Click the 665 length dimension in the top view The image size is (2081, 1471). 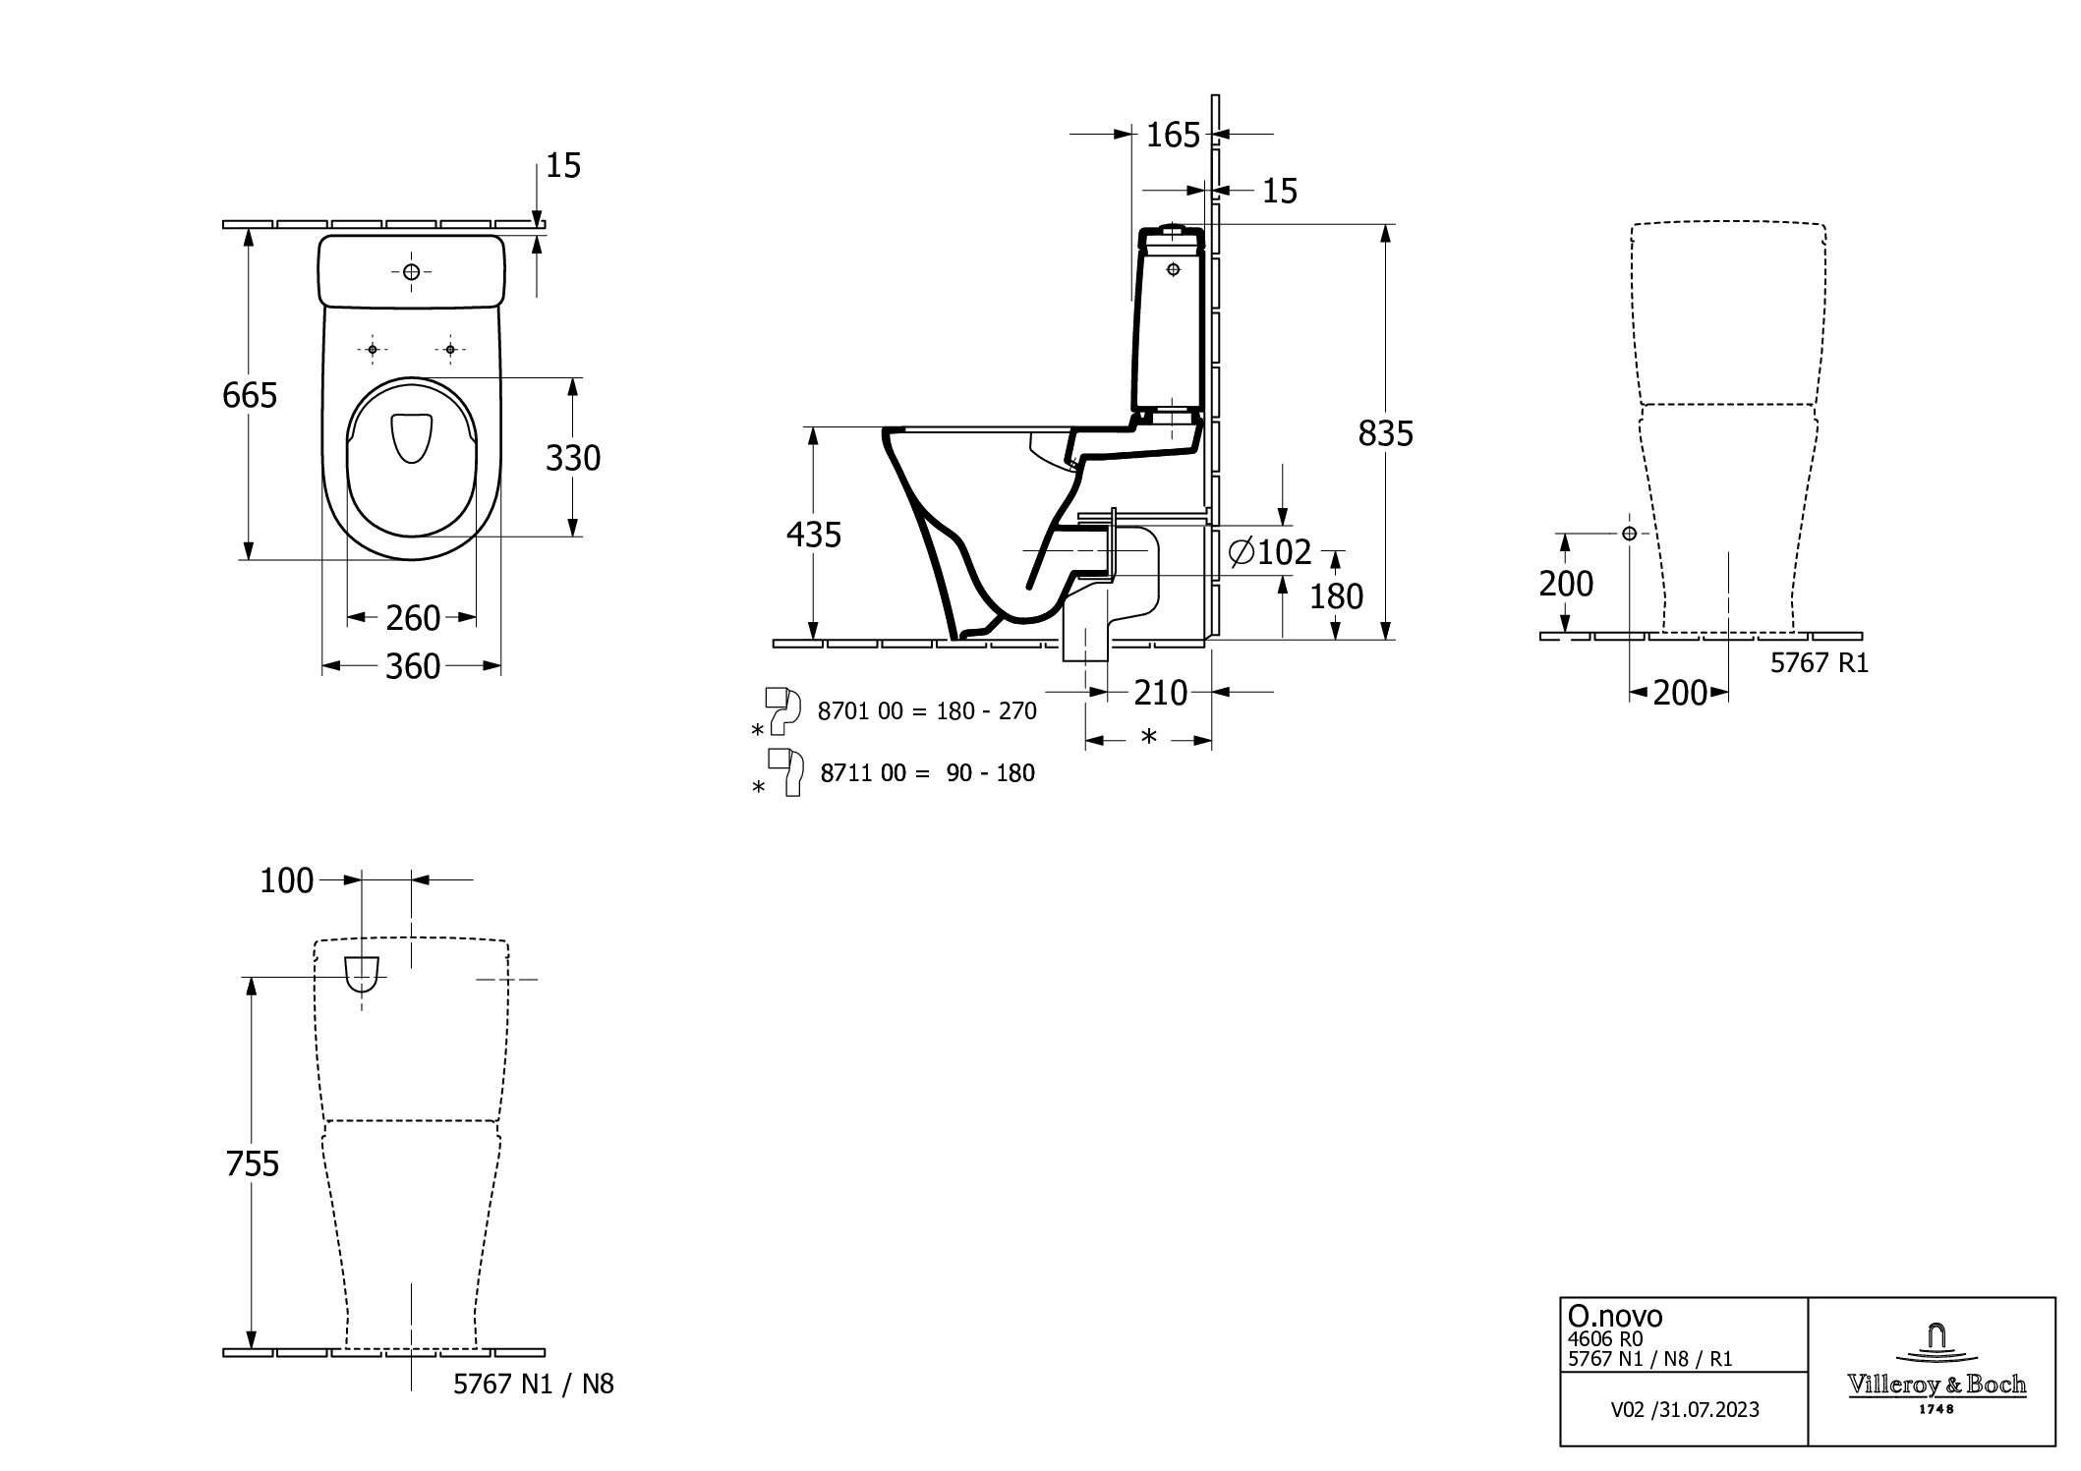(x=250, y=395)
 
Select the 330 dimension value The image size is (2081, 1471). (x=573, y=458)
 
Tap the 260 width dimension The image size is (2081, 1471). (x=413, y=618)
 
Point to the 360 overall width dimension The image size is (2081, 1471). (x=413, y=666)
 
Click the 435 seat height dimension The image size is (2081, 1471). (x=814, y=535)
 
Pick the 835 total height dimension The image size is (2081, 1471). (x=1386, y=433)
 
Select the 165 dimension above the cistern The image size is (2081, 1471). (x=1174, y=135)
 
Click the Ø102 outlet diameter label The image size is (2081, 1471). (x=1271, y=552)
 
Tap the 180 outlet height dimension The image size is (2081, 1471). (x=1337, y=596)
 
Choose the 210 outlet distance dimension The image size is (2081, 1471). (x=1161, y=693)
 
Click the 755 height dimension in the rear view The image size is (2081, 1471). (x=253, y=1163)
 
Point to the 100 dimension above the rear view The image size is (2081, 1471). (x=286, y=881)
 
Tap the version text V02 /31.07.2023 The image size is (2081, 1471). (x=1685, y=1410)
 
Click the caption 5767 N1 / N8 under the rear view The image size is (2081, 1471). (x=534, y=1385)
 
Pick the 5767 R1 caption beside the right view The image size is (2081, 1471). (x=1820, y=663)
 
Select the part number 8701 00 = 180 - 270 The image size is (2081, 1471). (x=927, y=710)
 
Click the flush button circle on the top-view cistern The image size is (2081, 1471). (x=411, y=272)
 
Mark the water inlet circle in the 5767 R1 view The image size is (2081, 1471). (x=1630, y=533)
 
